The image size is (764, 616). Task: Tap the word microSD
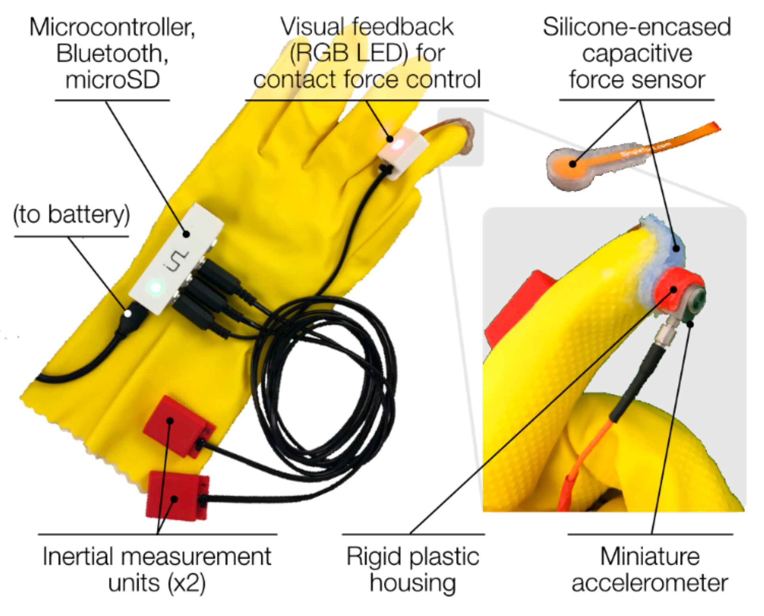[113, 80]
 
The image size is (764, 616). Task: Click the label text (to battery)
[71, 215]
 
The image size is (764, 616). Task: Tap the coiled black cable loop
[325, 380]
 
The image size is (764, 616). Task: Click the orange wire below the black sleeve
[583, 463]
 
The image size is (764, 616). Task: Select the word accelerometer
[650, 583]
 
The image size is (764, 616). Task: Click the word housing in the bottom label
[413, 583]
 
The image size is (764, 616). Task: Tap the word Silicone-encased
[637, 27]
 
